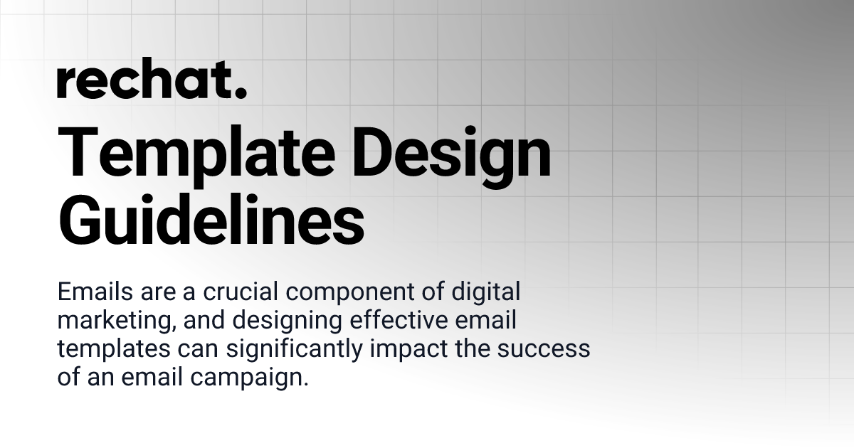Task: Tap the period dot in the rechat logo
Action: [x=241, y=93]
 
